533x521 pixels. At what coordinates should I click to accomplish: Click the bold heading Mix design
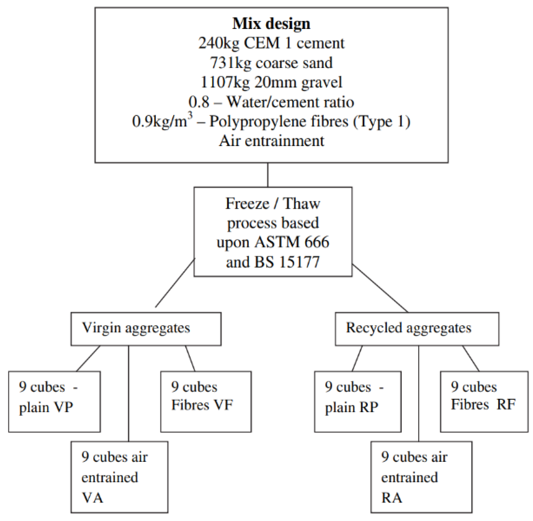tap(271, 24)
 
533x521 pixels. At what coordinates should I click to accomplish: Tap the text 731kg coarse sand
tap(271, 63)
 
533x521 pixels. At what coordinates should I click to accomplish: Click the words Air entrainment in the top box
tap(271, 141)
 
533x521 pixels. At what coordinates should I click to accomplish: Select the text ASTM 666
tap(291, 243)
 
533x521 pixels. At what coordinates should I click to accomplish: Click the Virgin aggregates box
tap(146, 329)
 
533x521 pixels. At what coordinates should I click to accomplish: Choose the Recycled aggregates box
tap(416, 329)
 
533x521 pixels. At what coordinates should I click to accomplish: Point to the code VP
tap(64, 407)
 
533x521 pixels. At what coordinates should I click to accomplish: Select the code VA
tap(93, 498)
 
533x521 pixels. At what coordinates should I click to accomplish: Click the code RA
tap(391, 498)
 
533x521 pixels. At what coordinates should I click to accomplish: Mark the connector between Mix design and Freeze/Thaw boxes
tap(267, 175)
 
